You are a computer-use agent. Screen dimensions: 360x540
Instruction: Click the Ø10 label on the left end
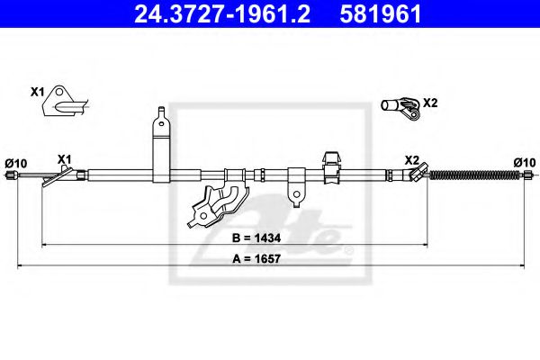[15, 162]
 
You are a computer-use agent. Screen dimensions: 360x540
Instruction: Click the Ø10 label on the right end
[524, 162]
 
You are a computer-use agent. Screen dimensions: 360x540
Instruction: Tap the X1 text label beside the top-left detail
[37, 92]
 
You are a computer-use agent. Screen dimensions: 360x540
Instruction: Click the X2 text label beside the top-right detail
[429, 103]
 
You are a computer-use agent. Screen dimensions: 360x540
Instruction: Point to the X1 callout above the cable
[64, 159]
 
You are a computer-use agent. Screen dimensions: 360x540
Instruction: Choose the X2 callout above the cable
[411, 159]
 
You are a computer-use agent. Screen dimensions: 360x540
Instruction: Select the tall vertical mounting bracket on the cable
[159, 144]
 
